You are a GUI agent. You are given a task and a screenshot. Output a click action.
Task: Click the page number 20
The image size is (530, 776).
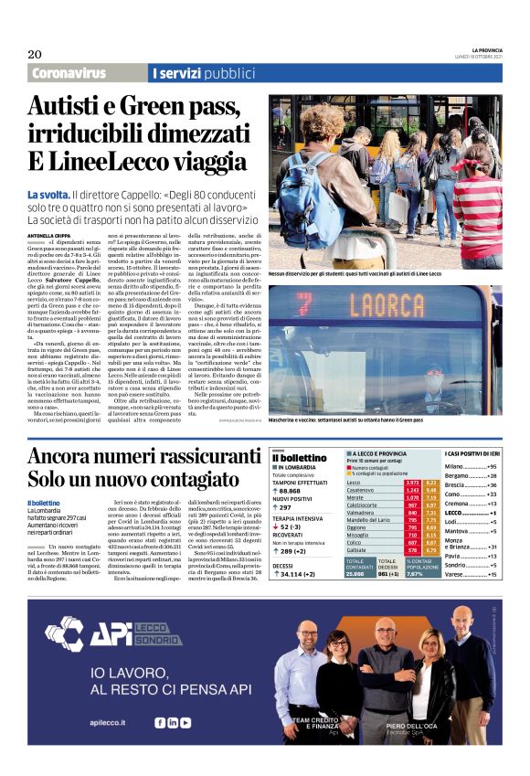(x=34, y=53)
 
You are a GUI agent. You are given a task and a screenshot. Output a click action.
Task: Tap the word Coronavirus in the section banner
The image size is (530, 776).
(x=69, y=73)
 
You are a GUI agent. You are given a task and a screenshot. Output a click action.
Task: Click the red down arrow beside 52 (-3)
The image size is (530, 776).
(x=275, y=526)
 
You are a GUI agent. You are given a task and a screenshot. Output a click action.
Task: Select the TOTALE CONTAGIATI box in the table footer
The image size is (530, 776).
(x=360, y=567)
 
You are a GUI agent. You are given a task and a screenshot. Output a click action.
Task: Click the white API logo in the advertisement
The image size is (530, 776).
(x=87, y=634)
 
